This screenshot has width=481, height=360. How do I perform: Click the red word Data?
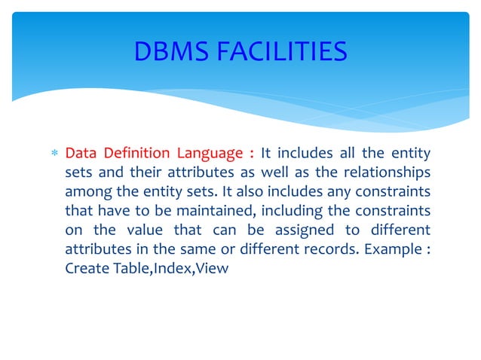click(80, 154)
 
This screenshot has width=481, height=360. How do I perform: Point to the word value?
click(144, 230)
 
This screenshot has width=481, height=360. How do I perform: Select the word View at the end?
click(212, 267)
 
